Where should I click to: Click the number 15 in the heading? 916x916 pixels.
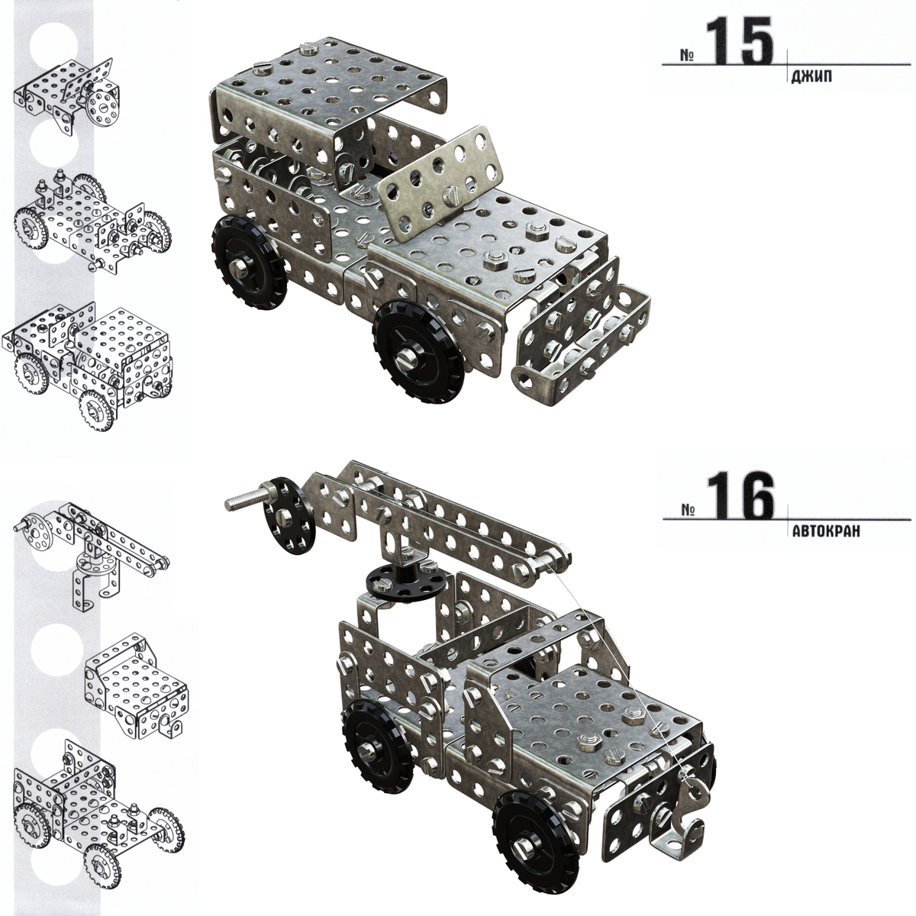pos(740,41)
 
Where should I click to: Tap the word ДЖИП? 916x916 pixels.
pos(812,76)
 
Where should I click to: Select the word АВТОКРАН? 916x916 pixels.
pos(826,531)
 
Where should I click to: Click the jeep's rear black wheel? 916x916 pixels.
pos(249,262)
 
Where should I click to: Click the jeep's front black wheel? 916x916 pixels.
pos(419,351)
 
